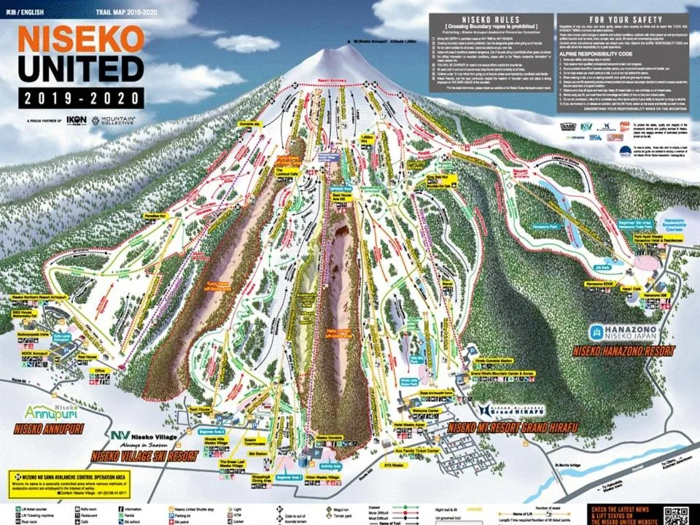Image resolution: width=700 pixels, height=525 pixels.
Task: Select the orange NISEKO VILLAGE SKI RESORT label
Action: pos(144,456)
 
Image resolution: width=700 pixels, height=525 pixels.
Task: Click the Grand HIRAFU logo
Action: pos(510,410)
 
